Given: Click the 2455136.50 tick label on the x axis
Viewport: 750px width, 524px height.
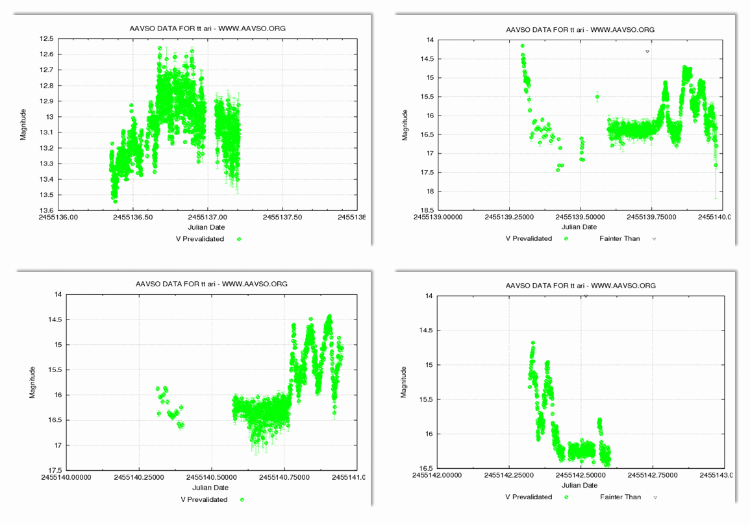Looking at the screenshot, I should coord(133,218).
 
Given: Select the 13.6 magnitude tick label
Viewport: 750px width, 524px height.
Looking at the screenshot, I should coord(46,210).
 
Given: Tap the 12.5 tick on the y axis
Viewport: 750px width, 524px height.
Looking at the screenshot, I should coord(46,39).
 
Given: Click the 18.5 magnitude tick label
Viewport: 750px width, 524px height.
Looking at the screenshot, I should coord(427,210).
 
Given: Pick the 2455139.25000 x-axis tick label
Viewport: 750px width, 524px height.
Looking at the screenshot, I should coord(508,218).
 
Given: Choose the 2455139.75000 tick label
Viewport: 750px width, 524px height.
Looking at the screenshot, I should coord(652,218).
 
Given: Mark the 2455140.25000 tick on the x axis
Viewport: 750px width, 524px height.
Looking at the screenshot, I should coord(139,478).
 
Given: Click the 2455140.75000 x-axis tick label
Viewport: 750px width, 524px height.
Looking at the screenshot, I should coord(284,478).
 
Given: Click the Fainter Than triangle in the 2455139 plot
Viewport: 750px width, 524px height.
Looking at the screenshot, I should coord(647,51).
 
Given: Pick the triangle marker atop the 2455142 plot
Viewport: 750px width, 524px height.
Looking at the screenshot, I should coord(586,296).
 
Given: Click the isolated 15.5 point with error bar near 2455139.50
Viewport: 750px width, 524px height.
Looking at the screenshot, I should coord(597,97).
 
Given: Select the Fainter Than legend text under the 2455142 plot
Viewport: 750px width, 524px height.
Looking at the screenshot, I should coord(619,497).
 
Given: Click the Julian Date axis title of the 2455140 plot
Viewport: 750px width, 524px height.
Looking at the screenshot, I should coord(210,488).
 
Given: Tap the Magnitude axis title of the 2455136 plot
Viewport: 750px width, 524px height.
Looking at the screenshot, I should coord(24,124).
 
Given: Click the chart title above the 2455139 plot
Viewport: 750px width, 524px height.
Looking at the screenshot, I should coord(580,30).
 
